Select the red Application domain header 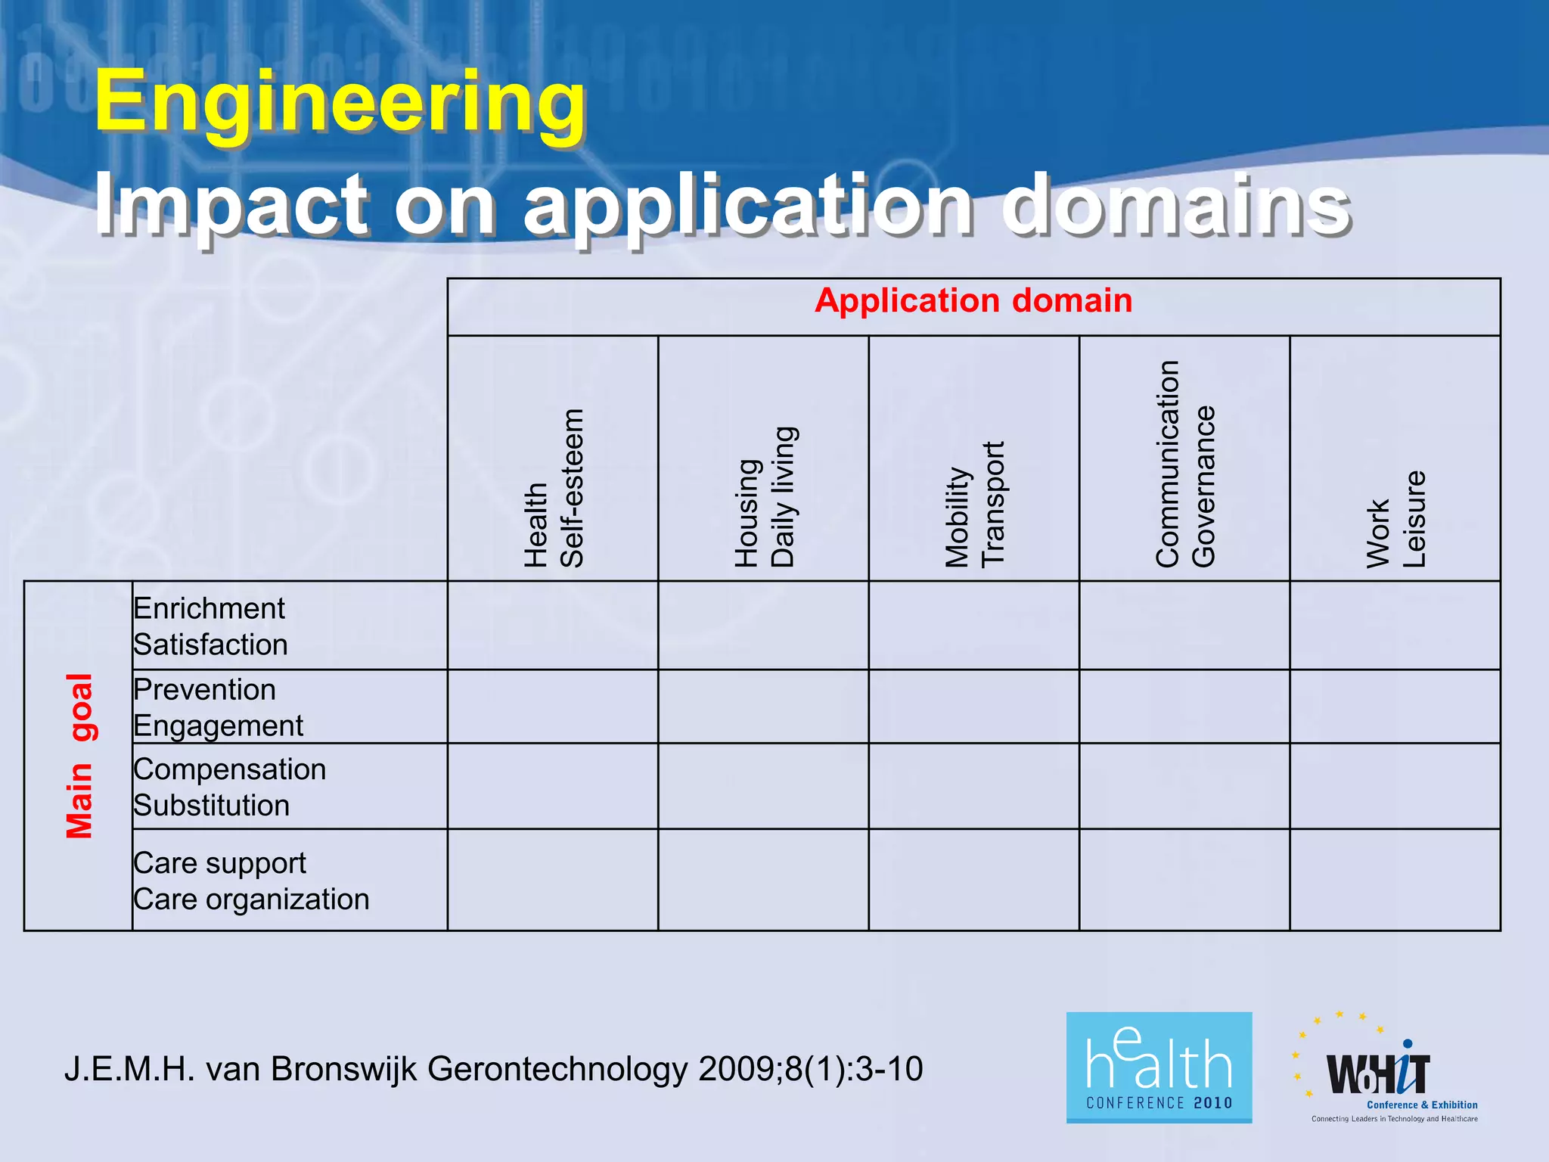(973, 301)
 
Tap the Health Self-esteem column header (554, 488)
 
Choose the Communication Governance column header (1184, 464)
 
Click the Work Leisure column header (1395, 519)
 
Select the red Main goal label (79, 756)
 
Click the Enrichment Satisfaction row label (210, 626)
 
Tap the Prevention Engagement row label (218, 707)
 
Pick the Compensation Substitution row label (229, 787)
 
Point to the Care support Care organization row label (250, 881)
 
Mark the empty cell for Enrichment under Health (553, 626)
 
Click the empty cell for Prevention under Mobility (974, 707)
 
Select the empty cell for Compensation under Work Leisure (1395, 786)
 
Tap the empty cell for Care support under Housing (764, 880)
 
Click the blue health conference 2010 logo (1159, 1067)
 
